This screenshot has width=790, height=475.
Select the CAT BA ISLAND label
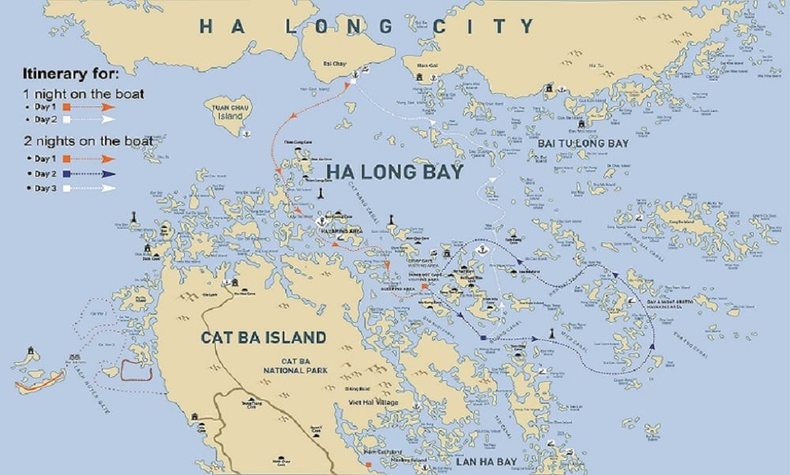[x=263, y=338]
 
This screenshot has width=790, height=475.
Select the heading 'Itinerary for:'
[x=70, y=75]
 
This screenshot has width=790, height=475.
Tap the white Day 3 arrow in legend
[x=91, y=188]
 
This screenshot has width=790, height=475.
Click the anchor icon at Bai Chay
[x=355, y=77]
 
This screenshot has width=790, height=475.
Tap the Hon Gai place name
[x=427, y=65]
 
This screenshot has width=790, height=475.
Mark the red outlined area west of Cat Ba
[x=135, y=369]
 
